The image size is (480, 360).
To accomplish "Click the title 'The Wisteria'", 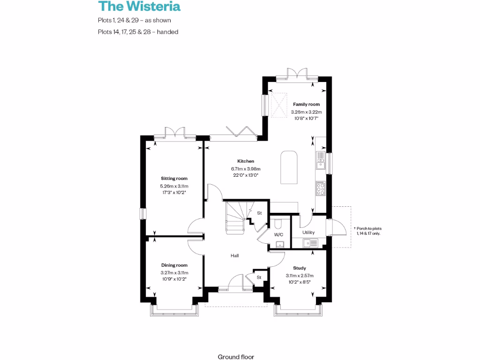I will pyautogui.click(x=139, y=7).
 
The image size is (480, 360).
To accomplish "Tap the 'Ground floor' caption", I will pyautogui.click(x=236, y=357).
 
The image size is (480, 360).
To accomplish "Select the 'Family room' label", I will pyautogui.click(x=306, y=104).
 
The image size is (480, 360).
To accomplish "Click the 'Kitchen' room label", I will pyautogui.click(x=245, y=161).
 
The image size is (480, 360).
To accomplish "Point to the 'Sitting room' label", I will pyautogui.click(x=174, y=179).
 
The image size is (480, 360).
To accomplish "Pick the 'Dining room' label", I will pyautogui.click(x=174, y=265).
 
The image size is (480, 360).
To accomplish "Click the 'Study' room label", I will pyautogui.click(x=300, y=268).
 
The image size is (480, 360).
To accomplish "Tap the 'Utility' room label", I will pyautogui.click(x=308, y=232).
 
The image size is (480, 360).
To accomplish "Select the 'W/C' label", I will pyautogui.click(x=278, y=234).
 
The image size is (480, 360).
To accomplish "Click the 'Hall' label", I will pyautogui.click(x=234, y=256).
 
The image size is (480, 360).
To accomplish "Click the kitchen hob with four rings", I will pyautogui.click(x=321, y=188).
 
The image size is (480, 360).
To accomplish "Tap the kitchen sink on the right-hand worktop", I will pyautogui.click(x=321, y=160).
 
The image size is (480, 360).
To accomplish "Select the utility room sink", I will pyautogui.click(x=310, y=242).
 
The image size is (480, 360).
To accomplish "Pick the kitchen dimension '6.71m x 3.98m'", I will pyautogui.click(x=245, y=169).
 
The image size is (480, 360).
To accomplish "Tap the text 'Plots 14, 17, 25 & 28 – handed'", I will pyautogui.click(x=138, y=32).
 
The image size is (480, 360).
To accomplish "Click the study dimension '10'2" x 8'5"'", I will pyautogui.click(x=300, y=283).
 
